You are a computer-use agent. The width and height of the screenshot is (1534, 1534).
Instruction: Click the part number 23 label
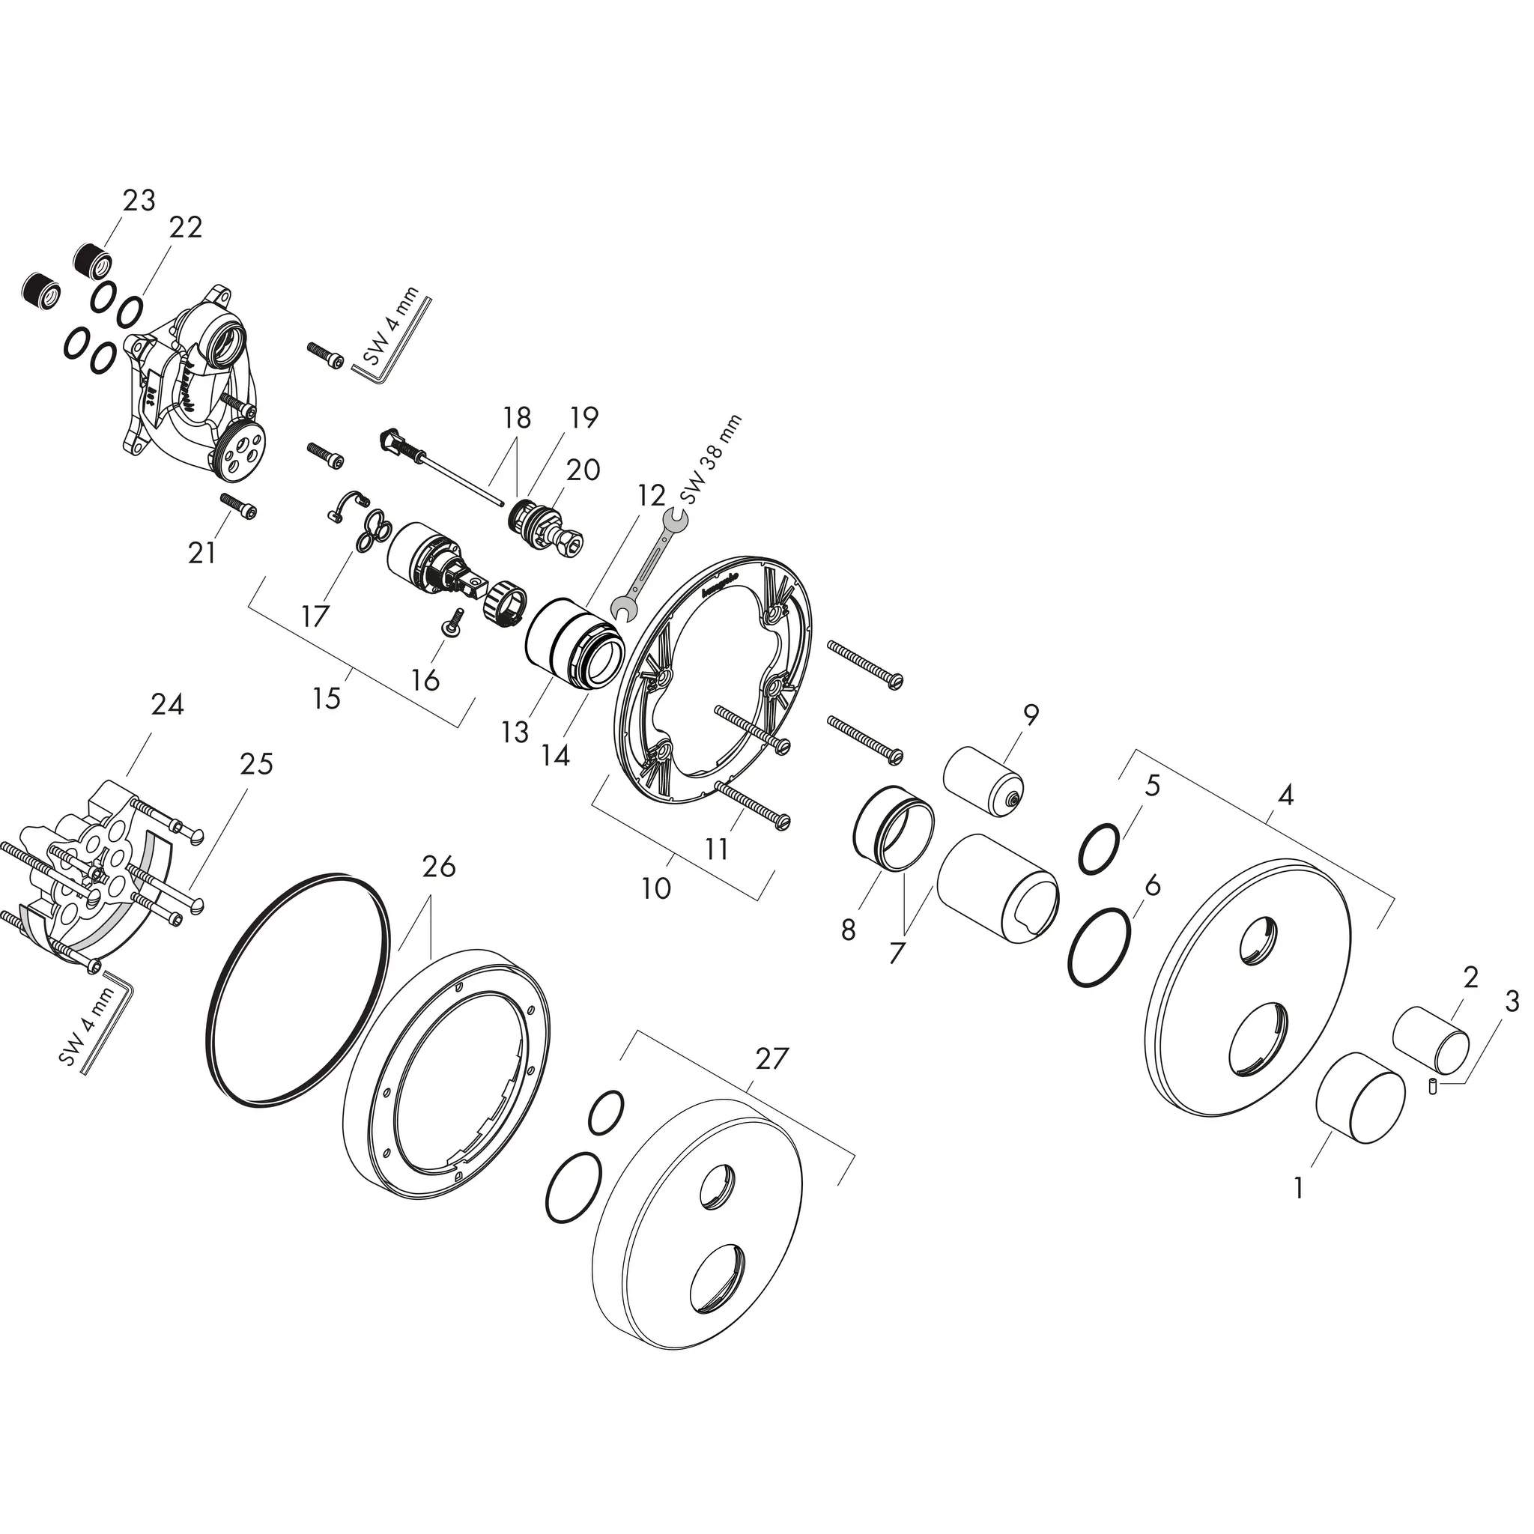click(x=139, y=201)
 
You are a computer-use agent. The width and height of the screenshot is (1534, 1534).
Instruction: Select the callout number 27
click(x=771, y=1058)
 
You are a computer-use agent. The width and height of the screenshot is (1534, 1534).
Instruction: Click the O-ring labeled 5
click(x=1100, y=849)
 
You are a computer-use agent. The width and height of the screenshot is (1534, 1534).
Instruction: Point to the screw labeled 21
click(x=238, y=506)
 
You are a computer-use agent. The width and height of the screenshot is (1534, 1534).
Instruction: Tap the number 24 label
click(x=168, y=704)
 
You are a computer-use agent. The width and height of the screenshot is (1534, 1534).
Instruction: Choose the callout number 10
click(x=656, y=888)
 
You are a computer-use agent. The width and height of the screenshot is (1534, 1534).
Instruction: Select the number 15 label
click(x=327, y=698)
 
